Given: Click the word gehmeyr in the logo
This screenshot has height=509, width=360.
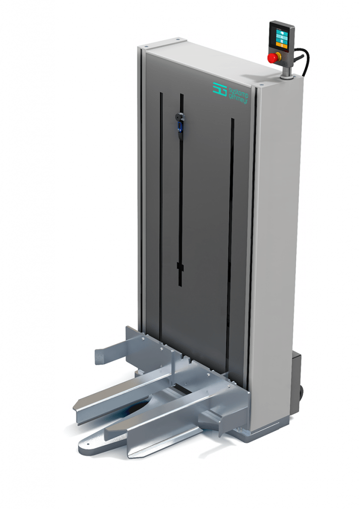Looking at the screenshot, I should coord(239,98).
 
